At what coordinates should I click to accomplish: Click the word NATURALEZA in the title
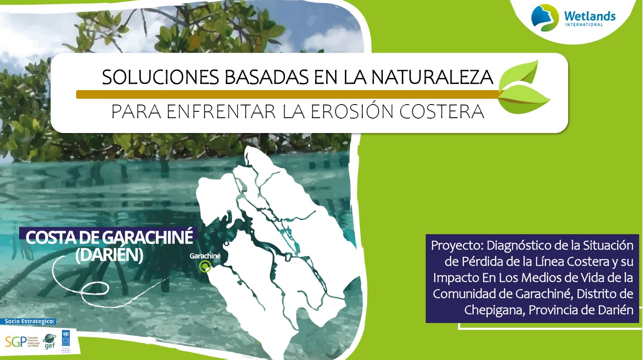(432, 77)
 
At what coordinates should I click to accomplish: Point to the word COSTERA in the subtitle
(441, 112)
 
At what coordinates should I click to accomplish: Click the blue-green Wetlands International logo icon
(544, 18)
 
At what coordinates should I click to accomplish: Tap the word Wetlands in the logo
(589, 16)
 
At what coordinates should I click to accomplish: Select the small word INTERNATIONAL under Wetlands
(584, 25)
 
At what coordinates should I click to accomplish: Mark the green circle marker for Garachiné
(205, 266)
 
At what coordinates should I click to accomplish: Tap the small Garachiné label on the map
(205, 256)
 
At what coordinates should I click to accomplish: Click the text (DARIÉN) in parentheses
(109, 255)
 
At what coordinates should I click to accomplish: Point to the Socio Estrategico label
(30, 321)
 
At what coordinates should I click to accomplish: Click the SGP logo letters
(15, 341)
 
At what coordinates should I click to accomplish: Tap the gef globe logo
(49, 341)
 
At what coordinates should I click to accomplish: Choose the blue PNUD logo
(65, 339)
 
